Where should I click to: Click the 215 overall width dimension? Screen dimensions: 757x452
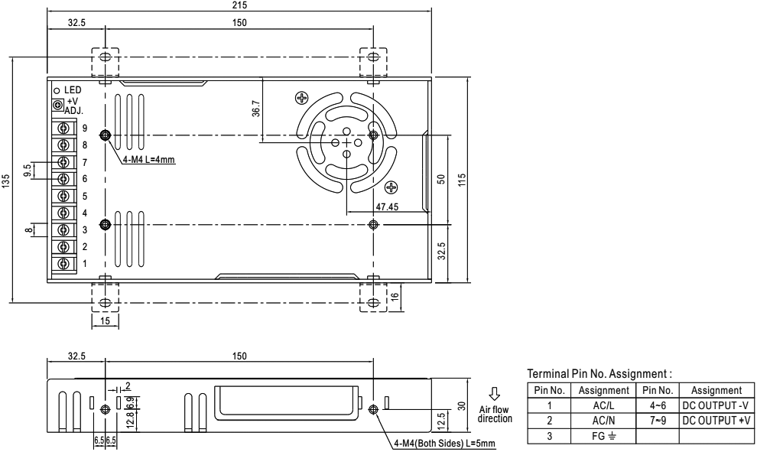tap(239, 5)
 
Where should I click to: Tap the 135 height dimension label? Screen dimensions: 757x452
tap(5, 181)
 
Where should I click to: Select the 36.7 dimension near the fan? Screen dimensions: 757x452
tap(256, 109)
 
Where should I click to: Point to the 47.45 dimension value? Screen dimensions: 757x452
tap(387, 206)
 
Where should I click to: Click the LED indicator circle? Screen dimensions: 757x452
tap(57, 90)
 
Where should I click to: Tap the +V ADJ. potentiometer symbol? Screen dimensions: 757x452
tap(58, 104)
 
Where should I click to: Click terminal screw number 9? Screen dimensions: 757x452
tap(63, 128)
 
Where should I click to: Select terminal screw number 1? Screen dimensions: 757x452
tap(63, 263)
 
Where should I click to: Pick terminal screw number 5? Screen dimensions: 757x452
tap(63, 196)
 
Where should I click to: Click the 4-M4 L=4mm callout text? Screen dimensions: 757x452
tap(148, 160)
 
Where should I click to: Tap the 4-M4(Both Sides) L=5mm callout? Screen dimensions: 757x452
tap(444, 444)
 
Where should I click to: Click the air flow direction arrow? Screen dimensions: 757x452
tap(495, 394)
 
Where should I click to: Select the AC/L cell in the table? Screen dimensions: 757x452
tap(603, 405)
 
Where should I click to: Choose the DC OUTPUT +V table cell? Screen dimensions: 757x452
tap(716, 421)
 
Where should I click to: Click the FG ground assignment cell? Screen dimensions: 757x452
tap(603, 436)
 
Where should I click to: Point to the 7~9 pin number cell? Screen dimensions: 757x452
tap(658, 421)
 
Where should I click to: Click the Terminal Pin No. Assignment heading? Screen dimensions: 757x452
tap(599, 374)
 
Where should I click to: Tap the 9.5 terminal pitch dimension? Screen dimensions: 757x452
tap(27, 170)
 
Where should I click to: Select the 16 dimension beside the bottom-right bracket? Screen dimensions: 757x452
tap(395, 297)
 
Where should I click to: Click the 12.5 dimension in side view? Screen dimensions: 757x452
tap(440, 421)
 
